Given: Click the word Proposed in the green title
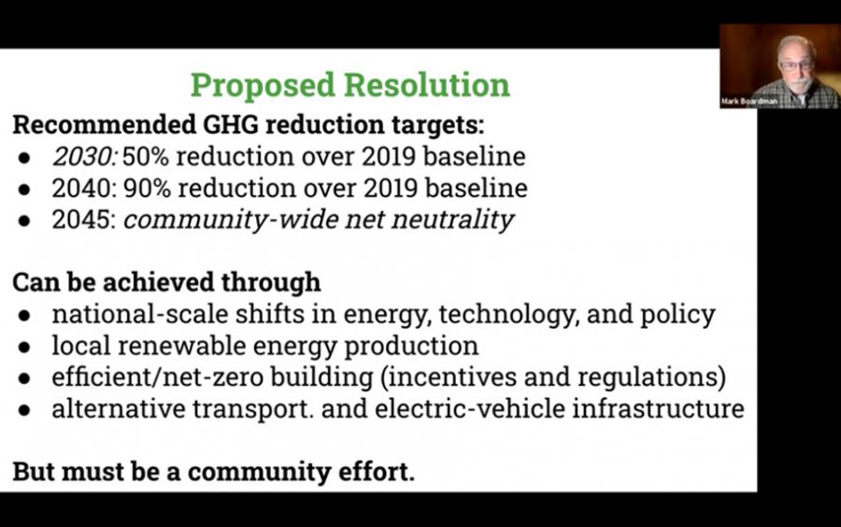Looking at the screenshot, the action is click(263, 86).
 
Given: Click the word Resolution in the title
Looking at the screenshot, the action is click(427, 85).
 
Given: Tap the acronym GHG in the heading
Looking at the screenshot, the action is click(230, 124).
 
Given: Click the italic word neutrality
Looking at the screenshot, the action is click(452, 221).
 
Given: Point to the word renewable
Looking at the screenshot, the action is click(182, 346).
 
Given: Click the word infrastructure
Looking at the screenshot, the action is click(658, 408).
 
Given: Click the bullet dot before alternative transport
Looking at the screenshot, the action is click(24, 410).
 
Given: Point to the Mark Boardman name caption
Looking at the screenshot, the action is click(748, 101).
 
